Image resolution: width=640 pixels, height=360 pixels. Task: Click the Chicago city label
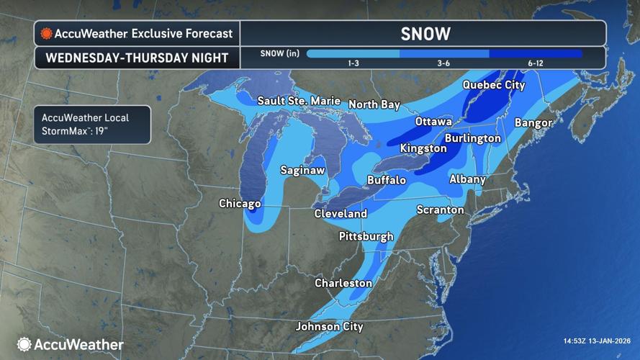pyautogui.click(x=240, y=204)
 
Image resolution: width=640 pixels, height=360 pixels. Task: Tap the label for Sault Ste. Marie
pyautogui.click(x=298, y=102)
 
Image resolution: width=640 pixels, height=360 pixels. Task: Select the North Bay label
pyautogui.click(x=374, y=105)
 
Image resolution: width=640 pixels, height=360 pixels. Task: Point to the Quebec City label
pyautogui.click(x=494, y=85)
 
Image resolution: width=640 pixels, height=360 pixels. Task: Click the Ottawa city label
pyautogui.click(x=433, y=122)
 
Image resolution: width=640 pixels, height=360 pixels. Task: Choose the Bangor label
pyautogui.click(x=533, y=123)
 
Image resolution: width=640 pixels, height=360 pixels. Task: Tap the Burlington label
pyautogui.click(x=472, y=138)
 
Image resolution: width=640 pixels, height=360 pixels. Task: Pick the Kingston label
pyautogui.click(x=424, y=148)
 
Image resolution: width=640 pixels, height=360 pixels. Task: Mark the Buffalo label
pyautogui.click(x=387, y=180)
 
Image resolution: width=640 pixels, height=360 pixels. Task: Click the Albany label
pyautogui.click(x=467, y=179)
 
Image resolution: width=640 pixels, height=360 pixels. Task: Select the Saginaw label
pyautogui.click(x=302, y=171)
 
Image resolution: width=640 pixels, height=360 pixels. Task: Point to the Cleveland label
pyautogui.click(x=341, y=214)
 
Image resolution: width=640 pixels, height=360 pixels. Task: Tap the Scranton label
pyautogui.click(x=441, y=210)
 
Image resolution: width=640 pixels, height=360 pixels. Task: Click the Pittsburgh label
pyautogui.click(x=366, y=236)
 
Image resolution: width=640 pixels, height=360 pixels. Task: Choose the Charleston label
pyautogui.click(x=343, y=284)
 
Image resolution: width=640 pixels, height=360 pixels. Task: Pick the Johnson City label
pyautogui.click(x=330, y=327)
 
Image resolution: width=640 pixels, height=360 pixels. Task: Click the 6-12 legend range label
pyautogui.click(x=535, y=64)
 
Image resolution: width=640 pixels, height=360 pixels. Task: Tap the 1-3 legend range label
pyautogui.click(x=354, y=64)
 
